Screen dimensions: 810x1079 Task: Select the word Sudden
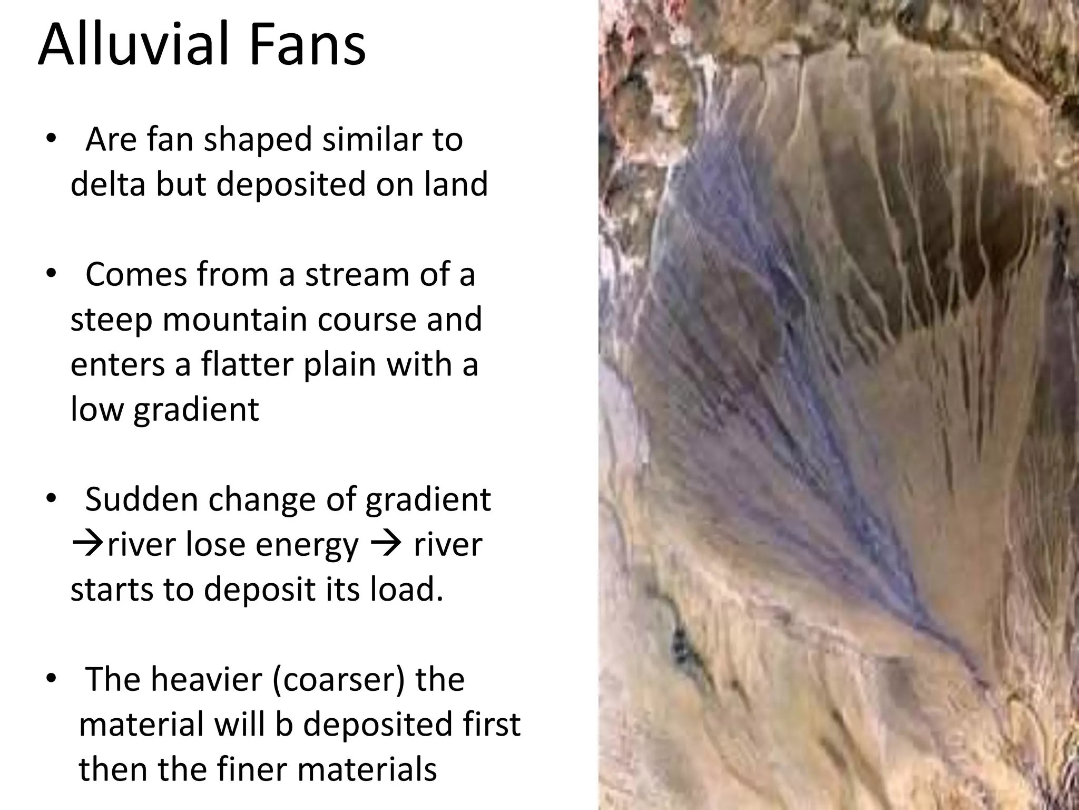(x=140, y=499)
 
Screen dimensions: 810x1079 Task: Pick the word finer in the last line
(x=253, y=769)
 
